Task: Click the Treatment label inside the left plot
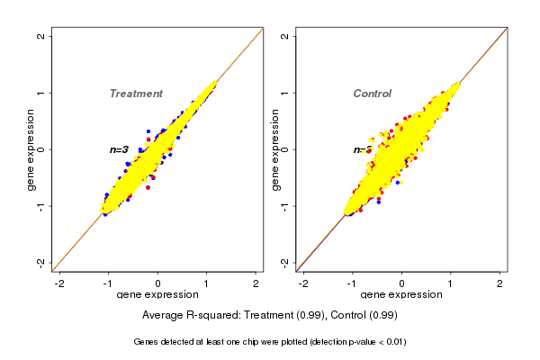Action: (x=136, y=94)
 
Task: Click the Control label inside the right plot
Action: (x=372, y=94)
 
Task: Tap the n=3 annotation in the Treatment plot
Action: (x=120, y=149)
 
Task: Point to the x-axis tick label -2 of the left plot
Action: (x=60, y=283)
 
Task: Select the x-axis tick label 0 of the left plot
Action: (x=158, y=283)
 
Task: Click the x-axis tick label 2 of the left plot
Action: (x=256, y=283)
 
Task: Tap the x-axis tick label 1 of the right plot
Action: (x=452, y=283)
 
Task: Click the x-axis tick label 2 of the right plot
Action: (x=500, y=283)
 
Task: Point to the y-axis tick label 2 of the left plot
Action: (x=41, y=37)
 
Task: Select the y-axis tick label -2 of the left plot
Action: (x=41, y=262)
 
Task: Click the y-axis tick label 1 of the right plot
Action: (x=285, y=93)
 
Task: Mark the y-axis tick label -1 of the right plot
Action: (x=285, y=206)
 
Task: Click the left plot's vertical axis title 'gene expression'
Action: (x=31, y=149)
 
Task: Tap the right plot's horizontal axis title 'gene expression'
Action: (x=402, y=295)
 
